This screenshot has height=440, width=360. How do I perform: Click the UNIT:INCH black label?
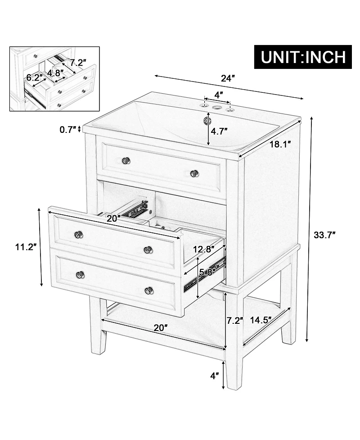click(x=303, y=57)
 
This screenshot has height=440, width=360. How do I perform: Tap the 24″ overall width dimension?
click(x=227, y=78)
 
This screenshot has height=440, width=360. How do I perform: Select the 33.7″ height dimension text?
click(x=324, y=235)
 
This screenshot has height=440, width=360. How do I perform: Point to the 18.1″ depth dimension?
click(x=280, y=145)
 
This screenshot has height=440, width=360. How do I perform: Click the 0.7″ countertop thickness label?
click(x=67, y=130)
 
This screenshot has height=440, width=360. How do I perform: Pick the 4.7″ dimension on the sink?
click(x=219, y=132)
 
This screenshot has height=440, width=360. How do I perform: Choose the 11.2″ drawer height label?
click(x=26, y=247)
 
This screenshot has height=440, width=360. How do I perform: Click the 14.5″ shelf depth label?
click(x=261, y=320)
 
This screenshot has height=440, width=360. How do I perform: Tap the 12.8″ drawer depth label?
click(x=204, y=249)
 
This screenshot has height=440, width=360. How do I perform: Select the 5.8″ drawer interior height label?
click(x=208, y=272)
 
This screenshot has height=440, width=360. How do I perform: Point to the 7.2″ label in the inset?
click(x=78, y=62)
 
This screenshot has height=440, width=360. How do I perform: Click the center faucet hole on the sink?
click(x=216, y=107)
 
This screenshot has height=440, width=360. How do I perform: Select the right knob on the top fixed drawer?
click(x=194, y=173)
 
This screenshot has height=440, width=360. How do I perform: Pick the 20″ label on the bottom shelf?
click(x=160, y=327)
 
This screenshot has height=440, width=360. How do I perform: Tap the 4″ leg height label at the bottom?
click(x=215, y=376)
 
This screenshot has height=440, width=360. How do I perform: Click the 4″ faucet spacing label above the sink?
click(x=219, y=95)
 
